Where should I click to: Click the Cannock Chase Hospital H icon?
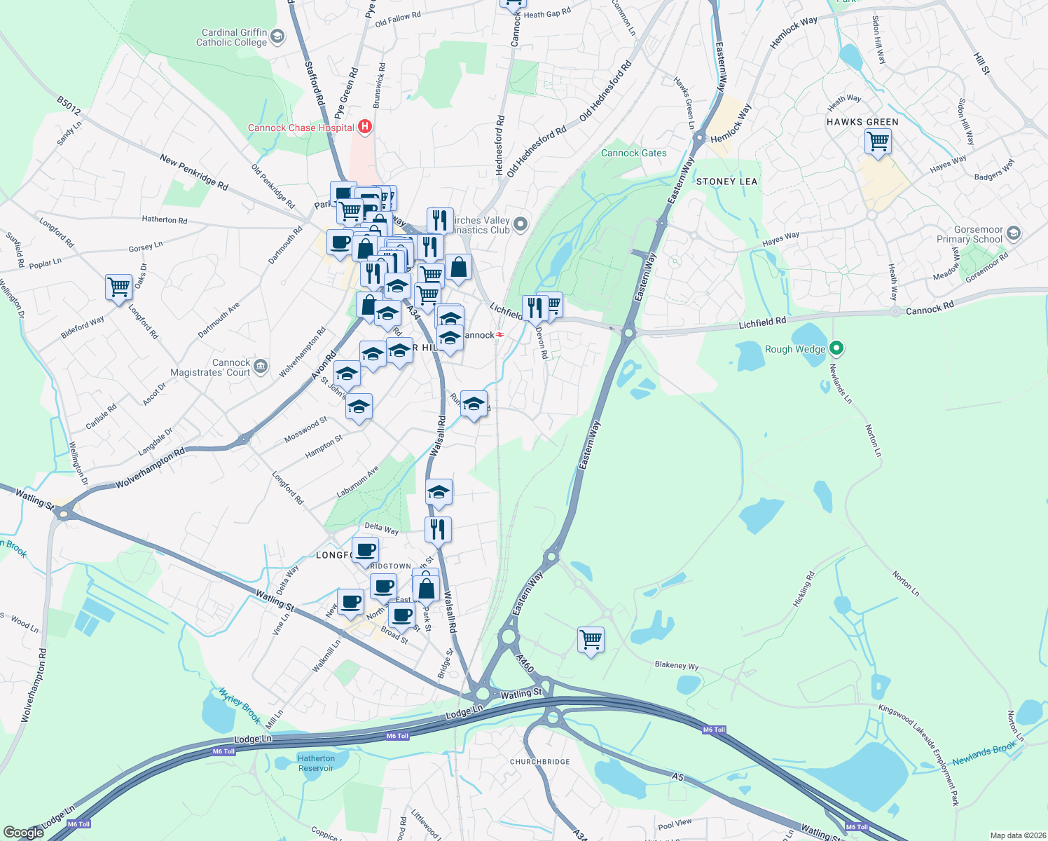[364, 127]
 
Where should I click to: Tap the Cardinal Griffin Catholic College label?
[232, 37]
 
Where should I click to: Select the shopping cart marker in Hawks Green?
[878, 142]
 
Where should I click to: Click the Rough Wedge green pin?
[836, 348]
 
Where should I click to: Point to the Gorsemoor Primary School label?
[970, 234]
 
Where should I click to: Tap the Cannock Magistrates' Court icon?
[261, 365]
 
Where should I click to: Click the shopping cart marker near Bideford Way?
[119, 287]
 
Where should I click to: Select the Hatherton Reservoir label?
[316, 763]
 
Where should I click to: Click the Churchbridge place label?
[539, 762]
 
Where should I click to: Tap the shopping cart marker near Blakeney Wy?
[591, 640]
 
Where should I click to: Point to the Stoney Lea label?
[726, 182]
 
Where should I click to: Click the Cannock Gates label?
[633, 153]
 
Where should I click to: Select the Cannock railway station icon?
[500, 335]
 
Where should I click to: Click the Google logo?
[23, 833]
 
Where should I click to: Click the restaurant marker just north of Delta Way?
[438, 530]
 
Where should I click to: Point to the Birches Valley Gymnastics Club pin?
[520, 224]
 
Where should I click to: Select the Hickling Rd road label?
[804, 589]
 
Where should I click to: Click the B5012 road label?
[69, 105]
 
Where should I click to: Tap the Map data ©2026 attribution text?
[1015, 835]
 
